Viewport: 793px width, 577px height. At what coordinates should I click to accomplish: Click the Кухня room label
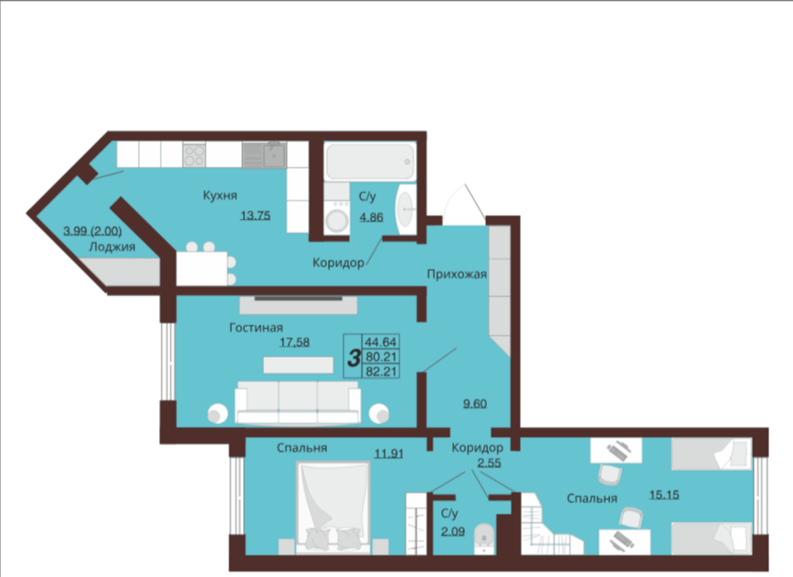tap(220, 195)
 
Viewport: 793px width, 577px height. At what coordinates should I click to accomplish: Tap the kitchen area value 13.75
tap(256, 215)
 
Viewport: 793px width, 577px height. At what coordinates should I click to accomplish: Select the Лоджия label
tap(111, 247)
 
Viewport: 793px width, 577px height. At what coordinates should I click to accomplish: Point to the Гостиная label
tap(256, 328)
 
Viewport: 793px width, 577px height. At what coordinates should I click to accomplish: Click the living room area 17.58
tap(295, 342)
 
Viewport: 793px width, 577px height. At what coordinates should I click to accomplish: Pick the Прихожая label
tap(457, 275)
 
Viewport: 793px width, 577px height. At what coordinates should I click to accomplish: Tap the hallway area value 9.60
tap(475, 404)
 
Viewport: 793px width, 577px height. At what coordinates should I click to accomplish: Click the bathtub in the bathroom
tap(370, 162)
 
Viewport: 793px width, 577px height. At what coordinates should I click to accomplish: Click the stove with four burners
tap(195, 155)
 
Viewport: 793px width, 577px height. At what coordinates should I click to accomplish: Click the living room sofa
tap(298, 403)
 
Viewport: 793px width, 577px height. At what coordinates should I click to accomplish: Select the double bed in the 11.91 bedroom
tap(333, 507)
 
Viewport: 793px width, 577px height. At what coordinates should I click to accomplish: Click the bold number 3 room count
tap(354, 358)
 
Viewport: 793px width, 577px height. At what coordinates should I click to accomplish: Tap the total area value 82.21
tap(381, 372)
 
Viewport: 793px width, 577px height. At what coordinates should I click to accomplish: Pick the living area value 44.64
tap(381, 341)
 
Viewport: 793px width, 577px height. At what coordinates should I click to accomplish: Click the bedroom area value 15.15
tap(664, 495)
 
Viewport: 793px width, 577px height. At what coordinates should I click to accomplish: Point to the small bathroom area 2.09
tap(452, 531)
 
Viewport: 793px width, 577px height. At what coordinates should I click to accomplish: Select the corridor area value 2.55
tap(490, 463)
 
